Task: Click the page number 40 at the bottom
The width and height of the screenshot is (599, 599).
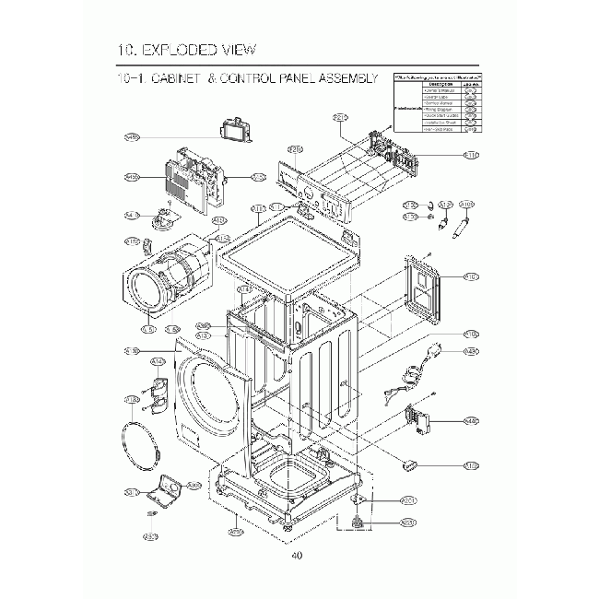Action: click(x=296, y=555)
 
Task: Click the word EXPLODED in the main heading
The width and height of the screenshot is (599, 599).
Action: click(x=191, y=49)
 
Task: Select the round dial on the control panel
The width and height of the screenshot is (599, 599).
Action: click(x=303, y=193)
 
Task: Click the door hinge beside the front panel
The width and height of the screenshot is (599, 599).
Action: click(x=157, y=391)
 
